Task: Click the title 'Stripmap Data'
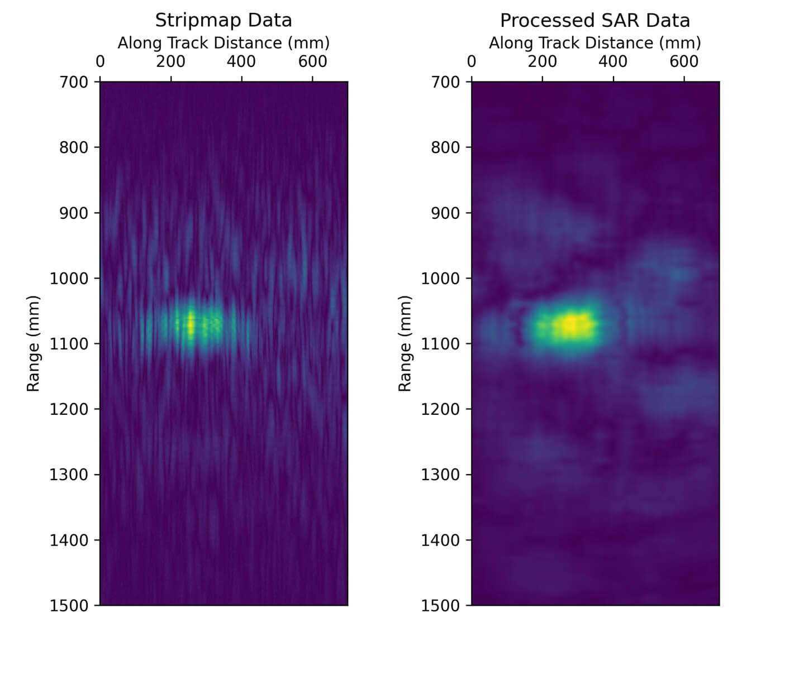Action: pos(223,20)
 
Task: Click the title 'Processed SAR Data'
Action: pos(595,20)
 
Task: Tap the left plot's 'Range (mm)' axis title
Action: pos(34,343)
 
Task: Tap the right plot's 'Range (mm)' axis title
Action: pos(405,343)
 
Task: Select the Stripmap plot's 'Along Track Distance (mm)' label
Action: pos(223,43)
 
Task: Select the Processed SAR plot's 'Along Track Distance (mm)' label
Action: pos(595,43)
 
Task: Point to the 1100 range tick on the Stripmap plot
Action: pos(69,344)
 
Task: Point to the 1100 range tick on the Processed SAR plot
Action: pos(440,344)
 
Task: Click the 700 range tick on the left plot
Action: pos(74,82)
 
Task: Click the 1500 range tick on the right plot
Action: pos(440,606)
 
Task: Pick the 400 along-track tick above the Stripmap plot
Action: pos(241,61)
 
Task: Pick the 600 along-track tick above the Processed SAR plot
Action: pos(683,61)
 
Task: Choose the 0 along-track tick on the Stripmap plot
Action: pos(100,61)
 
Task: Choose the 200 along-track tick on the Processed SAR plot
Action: pos(542,61)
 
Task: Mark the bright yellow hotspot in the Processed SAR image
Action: pos(571,324)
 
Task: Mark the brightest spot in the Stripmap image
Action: pos(191,323)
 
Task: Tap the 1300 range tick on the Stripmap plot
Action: pos(69,475)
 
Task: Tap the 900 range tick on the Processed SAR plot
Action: pos(445,213)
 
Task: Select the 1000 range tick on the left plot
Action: pos(69,278)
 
